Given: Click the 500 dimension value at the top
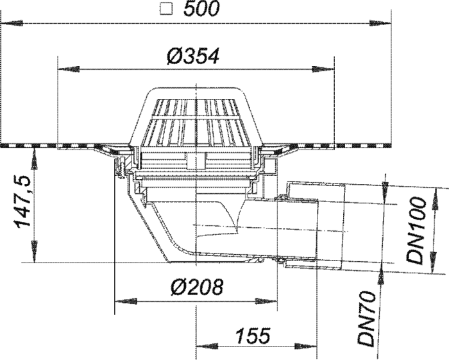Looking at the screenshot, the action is click(x=201, y=9).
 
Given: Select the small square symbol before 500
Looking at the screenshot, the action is click(x=166, y=10).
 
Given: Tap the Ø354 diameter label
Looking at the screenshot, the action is click(x=192, y=56).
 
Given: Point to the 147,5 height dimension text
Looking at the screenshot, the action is click(x=23, y=202).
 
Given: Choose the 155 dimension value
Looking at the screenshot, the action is click(x=253, y=336).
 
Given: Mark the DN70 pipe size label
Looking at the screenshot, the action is click(x=367, y=319).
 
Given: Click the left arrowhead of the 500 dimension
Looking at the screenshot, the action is click(x=12, y=24).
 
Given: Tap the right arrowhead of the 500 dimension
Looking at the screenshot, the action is click(x=380, y=24).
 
